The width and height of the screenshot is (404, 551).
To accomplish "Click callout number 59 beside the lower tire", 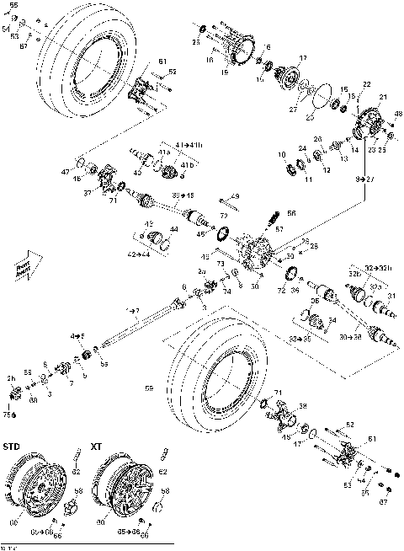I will (149, 388).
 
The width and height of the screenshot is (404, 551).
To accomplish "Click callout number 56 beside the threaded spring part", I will (292, 214).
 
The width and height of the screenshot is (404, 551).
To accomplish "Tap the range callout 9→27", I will (364, 179).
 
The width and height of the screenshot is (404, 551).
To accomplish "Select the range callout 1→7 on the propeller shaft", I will (133, 311).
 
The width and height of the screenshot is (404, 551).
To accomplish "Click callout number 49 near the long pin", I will (237, 195).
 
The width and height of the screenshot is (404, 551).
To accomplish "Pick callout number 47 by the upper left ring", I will (64, 171).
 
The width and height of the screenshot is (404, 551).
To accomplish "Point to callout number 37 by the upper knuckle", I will (87, 192).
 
